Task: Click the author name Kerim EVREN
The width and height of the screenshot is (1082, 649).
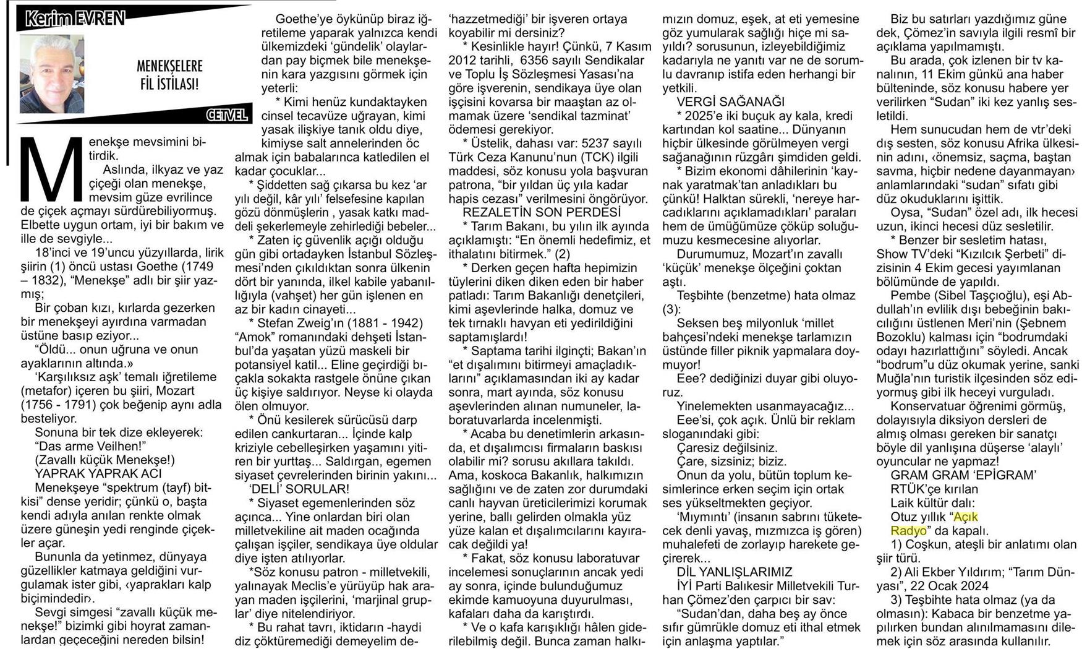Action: click(75, 19)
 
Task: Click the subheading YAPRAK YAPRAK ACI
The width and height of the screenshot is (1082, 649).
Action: click(98, 473)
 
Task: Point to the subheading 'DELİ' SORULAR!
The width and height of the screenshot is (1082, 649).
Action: click(299, 489)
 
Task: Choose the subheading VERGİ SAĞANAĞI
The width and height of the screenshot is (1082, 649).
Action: click(730, 101)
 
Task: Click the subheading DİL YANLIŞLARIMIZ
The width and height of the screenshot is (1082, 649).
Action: click(735, 572)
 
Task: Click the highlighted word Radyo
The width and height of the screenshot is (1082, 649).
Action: click(908, 530)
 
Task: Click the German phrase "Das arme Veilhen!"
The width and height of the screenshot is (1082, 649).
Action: click(89, 446)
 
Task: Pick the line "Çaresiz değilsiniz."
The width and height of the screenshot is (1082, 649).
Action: click(727, 447)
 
